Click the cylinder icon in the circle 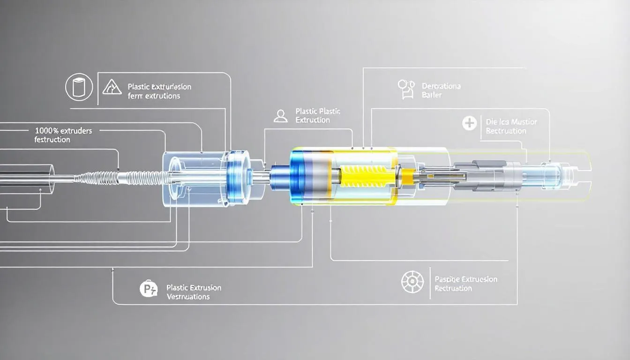(79, 88)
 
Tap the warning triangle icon (112, 87)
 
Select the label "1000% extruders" (63, 131)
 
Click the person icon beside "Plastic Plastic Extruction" (280, 116)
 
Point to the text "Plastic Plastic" (318, 112)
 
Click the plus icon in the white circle (469, 124)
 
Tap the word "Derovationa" (441, 86)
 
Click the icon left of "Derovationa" (405, 89)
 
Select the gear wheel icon (412, 283)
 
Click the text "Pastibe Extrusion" (466, 279)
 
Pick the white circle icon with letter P (149, 289)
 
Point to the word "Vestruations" (188, 297)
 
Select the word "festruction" (52, 140)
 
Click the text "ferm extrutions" (154, 96)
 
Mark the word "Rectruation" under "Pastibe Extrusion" (453, 288)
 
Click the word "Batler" (432, 95)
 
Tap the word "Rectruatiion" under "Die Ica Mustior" (506, 131)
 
